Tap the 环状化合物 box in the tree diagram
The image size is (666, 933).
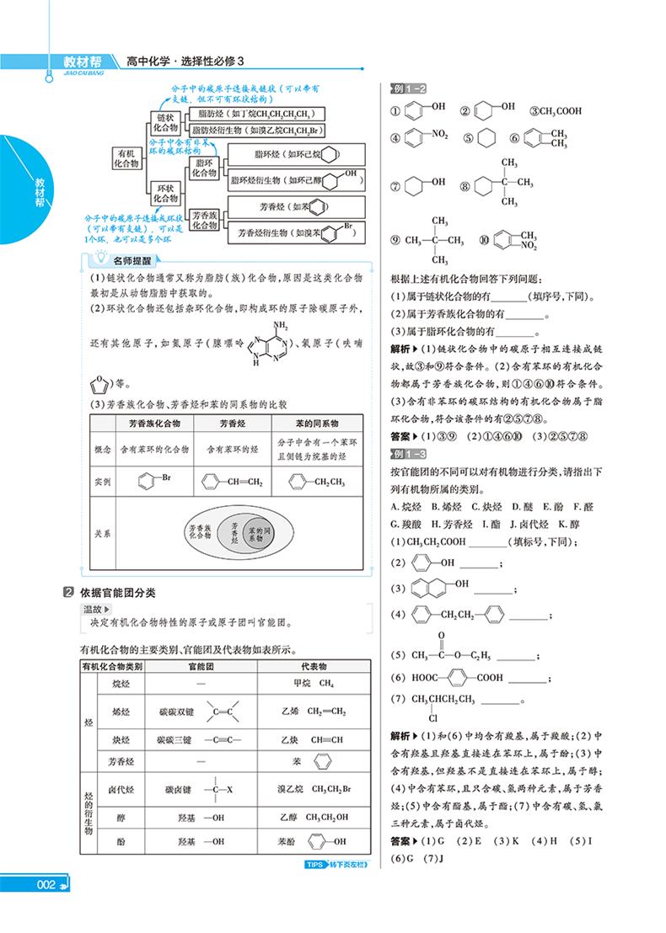coord(167,194)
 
